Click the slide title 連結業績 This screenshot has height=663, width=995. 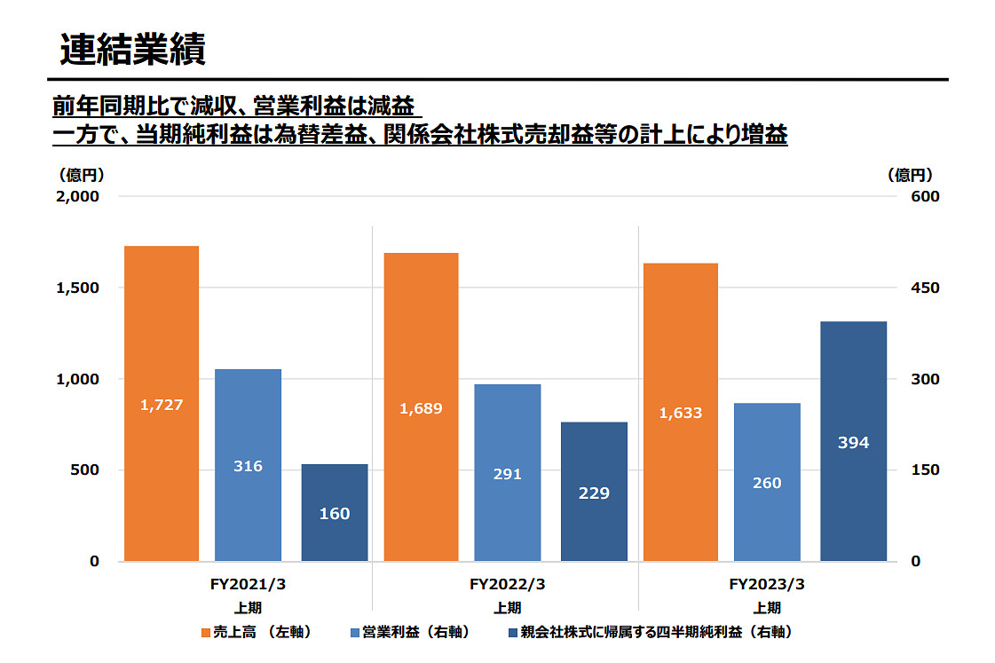tap(133, 50)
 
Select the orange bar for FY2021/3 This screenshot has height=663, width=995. tap(161, 403)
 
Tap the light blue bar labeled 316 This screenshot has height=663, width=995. tap(248, 465)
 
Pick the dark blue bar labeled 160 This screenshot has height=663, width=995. tap(335, 513)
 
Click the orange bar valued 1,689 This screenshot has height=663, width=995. tap(421, 407)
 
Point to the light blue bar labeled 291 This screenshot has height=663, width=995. tap(508, 473)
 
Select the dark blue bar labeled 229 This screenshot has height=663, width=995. tap(594, 492)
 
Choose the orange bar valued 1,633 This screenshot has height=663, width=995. tap(681, 412)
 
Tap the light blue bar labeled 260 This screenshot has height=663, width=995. tap(767, 482)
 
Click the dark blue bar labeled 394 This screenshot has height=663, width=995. tap(853, 441)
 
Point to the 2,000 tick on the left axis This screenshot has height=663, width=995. tap(77, 196)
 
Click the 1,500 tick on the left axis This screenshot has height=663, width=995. tap(77, 288)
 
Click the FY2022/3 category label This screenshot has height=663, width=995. tap(507, 585)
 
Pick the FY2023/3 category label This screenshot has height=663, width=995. tap(767, 585)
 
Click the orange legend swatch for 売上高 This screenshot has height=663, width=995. tap(206, 633)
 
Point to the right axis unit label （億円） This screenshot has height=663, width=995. tap(910, 175)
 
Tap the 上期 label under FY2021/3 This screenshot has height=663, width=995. tap(248, 608)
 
